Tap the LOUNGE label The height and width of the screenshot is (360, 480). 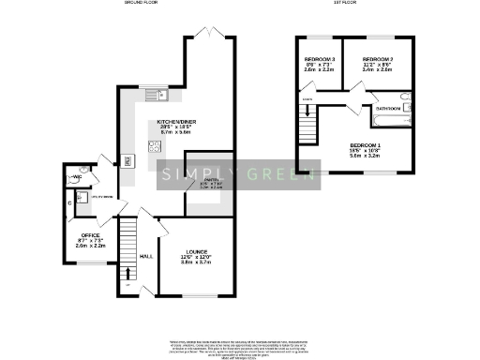[197, 251]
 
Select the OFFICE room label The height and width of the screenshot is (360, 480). [90, 235]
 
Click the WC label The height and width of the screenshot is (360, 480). [77, 176]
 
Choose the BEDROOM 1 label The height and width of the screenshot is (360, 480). [364, 144]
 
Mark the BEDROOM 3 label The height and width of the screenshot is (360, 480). [313, 58]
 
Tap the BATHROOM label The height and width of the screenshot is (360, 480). [388, 109]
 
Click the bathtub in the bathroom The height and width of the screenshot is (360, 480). [388, 97]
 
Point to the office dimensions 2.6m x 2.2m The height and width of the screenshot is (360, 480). [90, 247]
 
